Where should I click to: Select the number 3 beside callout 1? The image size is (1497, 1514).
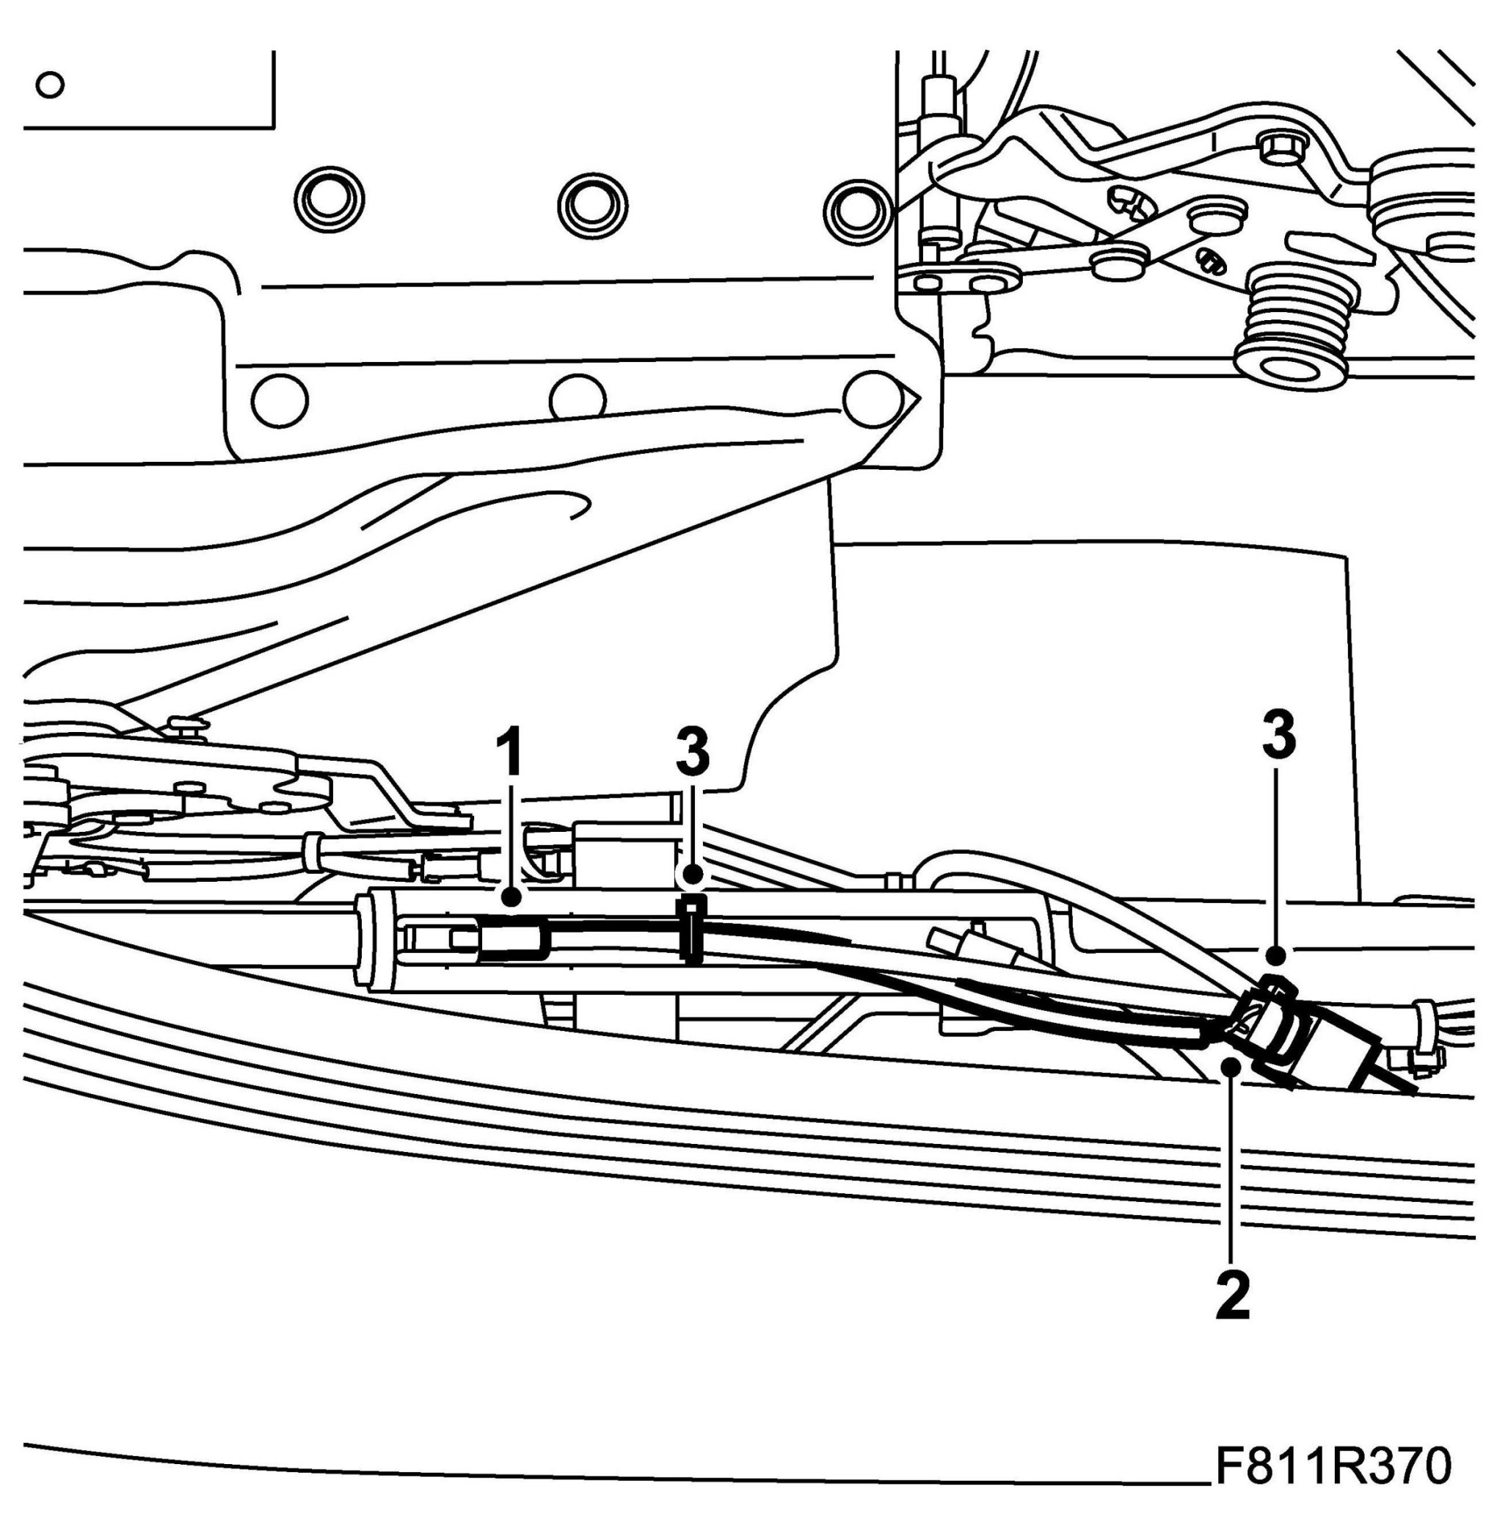click(693, 753)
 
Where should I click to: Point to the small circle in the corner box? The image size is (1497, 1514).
click(50, 84)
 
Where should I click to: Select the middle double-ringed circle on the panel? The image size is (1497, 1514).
click(592, 206)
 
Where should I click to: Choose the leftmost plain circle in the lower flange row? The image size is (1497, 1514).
click(280, 400)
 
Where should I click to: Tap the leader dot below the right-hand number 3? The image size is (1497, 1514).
click(1276, 955)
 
